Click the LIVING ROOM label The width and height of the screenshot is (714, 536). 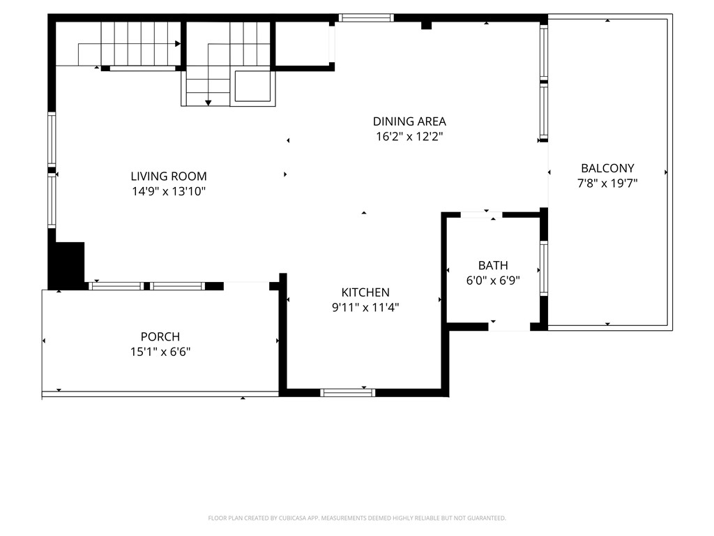click(169, 177)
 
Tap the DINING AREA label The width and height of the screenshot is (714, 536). click(409, 121)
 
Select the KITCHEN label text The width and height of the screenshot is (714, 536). click(365, 292)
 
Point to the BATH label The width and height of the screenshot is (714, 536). click(493, 265)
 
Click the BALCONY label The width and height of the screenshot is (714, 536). click(607, 168)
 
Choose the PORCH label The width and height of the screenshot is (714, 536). click(160, 337)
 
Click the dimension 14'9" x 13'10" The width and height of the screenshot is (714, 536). click(169, 191)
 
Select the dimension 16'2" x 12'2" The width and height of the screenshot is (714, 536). click(409, 137)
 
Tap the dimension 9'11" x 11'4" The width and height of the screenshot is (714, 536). click(365, 307)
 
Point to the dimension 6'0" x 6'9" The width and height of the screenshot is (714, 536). click(493, 281)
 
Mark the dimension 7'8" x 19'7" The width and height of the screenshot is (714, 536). click(607, 184)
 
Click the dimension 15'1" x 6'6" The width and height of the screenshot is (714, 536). click(160, 352)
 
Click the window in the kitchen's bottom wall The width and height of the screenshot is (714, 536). click(347, 393)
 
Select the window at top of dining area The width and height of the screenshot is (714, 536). click(366, 18)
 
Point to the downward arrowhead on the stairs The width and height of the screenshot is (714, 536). click(208, 103)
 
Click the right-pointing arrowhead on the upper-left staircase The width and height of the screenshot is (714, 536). click(178, 43)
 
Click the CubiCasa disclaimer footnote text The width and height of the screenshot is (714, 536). click(357, 518)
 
